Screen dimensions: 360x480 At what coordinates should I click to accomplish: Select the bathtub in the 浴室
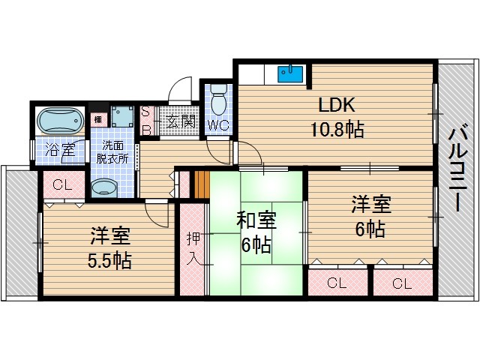pyautogui.click(x=59, y=120)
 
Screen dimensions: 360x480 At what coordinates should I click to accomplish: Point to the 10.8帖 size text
pyautogui.click(x=337, y=129)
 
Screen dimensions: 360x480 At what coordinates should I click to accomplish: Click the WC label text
pyautogui.click(x=218, y=125)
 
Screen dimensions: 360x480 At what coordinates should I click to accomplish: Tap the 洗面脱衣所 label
pyautogui.click(x=115, y=152)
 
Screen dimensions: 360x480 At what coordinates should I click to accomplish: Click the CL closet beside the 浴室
pyautogui.click(x=61, y=184)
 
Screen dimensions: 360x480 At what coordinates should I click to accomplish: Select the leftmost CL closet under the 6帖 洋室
pyautogui.click(x=337, y=283)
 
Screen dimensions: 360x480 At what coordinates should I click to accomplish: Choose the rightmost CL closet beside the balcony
pyautogui.click(x=401, y=283)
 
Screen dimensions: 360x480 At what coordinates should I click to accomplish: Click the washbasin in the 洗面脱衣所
pyautogui.click(x=102, y=187)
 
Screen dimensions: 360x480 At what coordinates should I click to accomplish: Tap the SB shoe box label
pyautogui.click(x=146, y=120)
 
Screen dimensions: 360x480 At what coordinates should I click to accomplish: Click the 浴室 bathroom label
pyautogui.click(x=59, y=149)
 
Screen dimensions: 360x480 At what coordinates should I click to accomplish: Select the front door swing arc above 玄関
pyautogui.click(x=178, y=92)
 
